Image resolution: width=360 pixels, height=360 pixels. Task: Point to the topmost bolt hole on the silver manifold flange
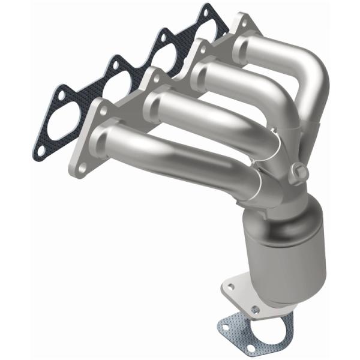(x=242, y=22)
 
